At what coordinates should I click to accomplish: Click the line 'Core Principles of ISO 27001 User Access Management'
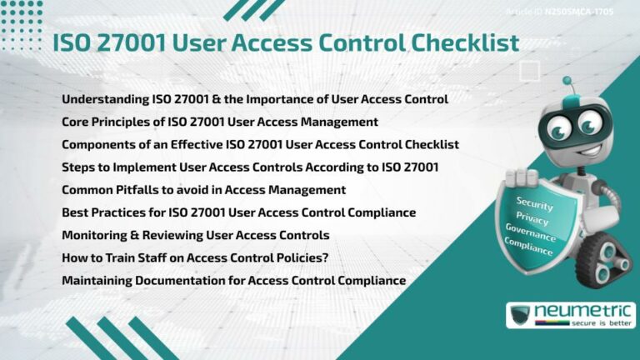click(220, 122)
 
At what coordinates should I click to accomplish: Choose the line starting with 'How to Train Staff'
click(195, 257)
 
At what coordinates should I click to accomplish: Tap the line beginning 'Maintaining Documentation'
click(233, 280)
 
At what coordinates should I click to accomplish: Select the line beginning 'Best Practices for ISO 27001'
click(238, 212)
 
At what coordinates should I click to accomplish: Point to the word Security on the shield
click(534, 202)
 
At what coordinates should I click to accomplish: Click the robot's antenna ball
click(568, 81)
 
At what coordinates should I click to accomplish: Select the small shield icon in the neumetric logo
click(520, 316)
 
